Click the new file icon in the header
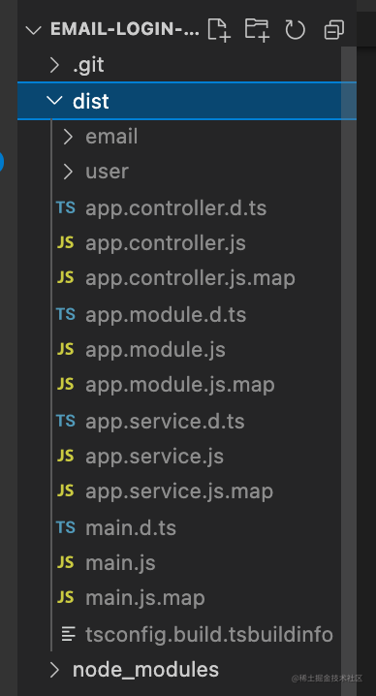point(219,30)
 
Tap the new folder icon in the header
point(258,30)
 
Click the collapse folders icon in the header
point(334,30)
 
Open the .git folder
point(88,65)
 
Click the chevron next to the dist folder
point(54,101)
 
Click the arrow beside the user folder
point(68,172)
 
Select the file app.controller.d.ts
point(175,207)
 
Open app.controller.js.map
point(190,278)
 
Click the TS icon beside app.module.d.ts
point(65,314)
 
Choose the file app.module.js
point(155,350)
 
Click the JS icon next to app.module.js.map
point(65,385)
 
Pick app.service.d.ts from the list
point(165,421)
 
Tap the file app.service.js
point(154,456)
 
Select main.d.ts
point(131,527)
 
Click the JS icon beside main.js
point(65,562)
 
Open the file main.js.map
point(145,598)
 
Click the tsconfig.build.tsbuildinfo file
point(209,634)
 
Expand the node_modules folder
point(145,670)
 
